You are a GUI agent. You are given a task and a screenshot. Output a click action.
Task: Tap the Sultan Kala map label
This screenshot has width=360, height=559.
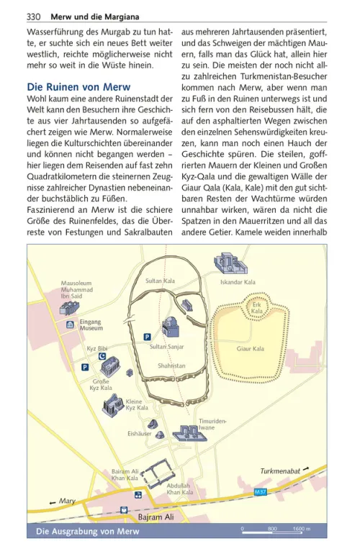pyautogui.click(x=160, y=280)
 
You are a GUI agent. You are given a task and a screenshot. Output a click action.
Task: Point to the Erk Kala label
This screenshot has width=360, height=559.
pyautogui.click(x=257, y=307)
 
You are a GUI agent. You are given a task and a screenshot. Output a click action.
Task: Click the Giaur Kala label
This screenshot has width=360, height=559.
pyautogui.click(x=251, y=349)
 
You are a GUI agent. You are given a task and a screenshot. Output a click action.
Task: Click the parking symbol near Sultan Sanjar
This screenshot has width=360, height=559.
pyautogui.click(x=148, y=336)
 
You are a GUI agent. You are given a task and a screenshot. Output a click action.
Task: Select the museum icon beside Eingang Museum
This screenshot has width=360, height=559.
pyautogui.click(x=70, y=325)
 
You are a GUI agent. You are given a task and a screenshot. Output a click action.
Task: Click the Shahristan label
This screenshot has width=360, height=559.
pyautogui.click(x=172, y=365)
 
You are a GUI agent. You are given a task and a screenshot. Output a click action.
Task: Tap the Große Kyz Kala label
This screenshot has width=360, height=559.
pyautogui.click(x=101, y=384)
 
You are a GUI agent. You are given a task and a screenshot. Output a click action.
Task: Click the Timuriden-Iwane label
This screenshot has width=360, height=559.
pyautogui.click(x=212, y=424)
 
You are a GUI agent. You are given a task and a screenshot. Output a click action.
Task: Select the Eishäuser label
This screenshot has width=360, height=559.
pyautogui.click(x=139, y=434)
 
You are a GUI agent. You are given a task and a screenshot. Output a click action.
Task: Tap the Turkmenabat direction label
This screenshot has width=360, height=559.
pyautogui.click(x=279, y=472)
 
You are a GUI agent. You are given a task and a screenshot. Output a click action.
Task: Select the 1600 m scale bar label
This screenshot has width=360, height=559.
pyautogui.click(x=302, y=530)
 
